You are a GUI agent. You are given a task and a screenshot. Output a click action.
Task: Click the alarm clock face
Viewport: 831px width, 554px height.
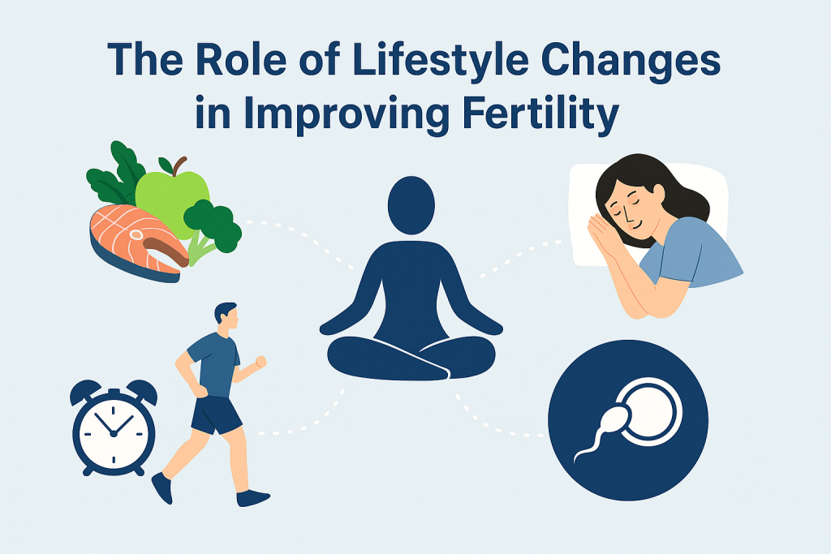(x=114, y=431)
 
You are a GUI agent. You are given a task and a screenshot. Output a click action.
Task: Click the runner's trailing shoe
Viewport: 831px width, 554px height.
(x=161, y=487)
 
